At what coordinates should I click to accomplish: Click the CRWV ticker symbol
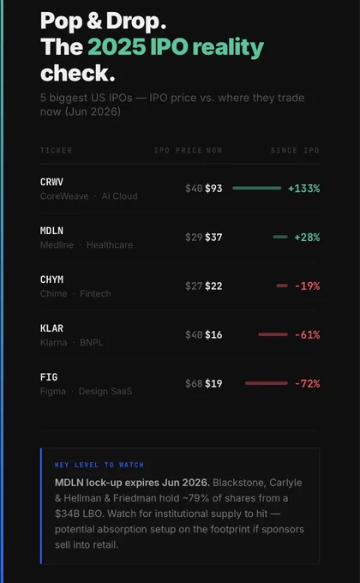(x=51, y=182)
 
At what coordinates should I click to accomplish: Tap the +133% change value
(x=303, y=189)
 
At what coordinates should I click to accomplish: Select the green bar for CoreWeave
(x=256, y=188)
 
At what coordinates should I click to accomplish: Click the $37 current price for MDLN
(x=213, y=237)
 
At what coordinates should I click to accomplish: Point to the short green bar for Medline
(x=280, y=237)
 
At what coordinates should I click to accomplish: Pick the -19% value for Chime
(x=307, y=285)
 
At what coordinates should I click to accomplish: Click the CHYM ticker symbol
(x=51, y=279)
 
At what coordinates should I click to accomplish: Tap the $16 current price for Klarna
(x=213, y=334)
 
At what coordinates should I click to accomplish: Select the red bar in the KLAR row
(x=273, y=334)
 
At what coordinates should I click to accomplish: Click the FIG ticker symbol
(x=49, y=377)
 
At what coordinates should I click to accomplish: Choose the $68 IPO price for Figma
(x=194, y=383)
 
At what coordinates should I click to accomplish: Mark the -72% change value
(x=307, y=383)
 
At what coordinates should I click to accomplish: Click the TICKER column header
(x=57, y=150)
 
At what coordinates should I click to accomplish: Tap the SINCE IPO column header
(x=295, y=150)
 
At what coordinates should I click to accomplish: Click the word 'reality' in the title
(x=228, y=48)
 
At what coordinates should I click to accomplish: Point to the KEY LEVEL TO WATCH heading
(x=99, y=465)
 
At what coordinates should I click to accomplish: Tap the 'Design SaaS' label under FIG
(x=105, y=391)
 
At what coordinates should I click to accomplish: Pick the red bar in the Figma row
(x=267, y=383)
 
